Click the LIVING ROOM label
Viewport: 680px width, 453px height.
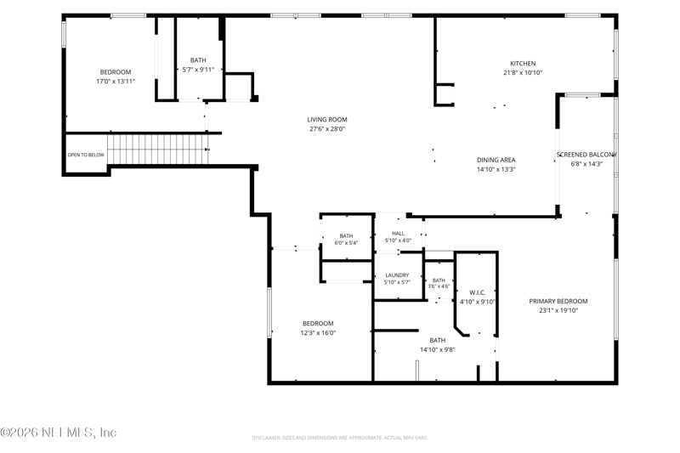(327, 120)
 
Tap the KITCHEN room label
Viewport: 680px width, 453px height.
(523, 63)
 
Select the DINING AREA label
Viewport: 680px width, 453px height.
(496, 160)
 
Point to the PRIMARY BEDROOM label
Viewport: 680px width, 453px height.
(558, 301)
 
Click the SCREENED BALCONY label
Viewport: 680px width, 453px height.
(586, 155)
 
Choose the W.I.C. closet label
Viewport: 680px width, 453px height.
(477, 292)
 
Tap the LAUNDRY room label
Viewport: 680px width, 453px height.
(397, 275)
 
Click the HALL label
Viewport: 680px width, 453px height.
(398, 233)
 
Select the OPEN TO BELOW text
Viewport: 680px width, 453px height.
(86, 155)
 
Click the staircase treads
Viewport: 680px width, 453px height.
(158, 149)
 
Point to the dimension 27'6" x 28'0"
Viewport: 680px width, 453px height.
(327, 128)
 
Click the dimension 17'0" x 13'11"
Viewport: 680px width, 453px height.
(116, 81)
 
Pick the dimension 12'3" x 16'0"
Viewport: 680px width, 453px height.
(318, 333)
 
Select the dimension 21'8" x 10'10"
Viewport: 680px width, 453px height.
(523, 73)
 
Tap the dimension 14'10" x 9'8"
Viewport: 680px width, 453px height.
(437, 350)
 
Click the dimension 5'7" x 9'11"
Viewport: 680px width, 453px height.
(198, 70)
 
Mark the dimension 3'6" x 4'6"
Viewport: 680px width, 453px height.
(439, 286)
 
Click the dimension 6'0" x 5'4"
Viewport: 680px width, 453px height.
(346, 243)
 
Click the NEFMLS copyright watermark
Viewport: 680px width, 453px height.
(59, 433)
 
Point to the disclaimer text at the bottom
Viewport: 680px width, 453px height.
(340, 438)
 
